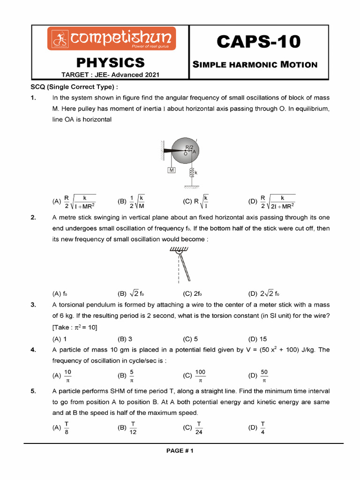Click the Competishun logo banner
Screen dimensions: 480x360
pos(111,39)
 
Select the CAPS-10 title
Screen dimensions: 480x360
pos(258,42)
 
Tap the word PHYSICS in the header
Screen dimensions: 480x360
pos(111,62)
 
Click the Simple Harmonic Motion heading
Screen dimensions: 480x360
pos(255,65)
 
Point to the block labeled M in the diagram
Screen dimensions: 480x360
pos(172,170)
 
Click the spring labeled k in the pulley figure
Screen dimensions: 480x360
pos(191,173)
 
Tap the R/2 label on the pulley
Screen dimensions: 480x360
pos(189,147)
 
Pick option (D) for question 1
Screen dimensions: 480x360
pos(272,202)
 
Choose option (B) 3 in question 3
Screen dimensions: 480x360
pos(125,339)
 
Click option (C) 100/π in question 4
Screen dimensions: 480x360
pos(195,375)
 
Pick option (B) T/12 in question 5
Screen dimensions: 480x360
pos(127,427)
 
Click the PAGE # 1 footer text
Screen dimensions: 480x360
pos(180,451)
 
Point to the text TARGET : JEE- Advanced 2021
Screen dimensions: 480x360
pos(111,75)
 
